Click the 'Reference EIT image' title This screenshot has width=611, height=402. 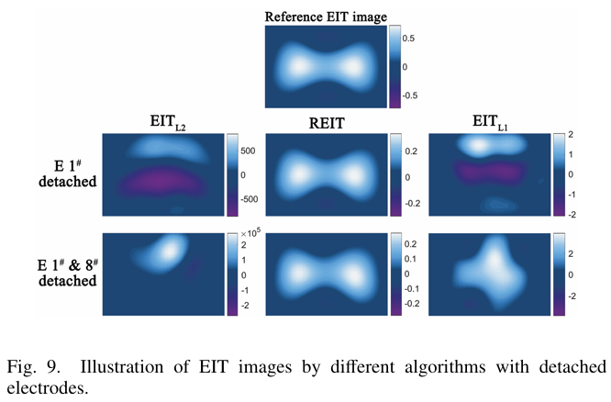click(x=325, y=16)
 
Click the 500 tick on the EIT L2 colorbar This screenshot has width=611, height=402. click(x=253, y=150)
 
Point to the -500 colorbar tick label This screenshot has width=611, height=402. click(x=255, y=197)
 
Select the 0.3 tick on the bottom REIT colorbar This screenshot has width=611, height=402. click(x=414, y=243)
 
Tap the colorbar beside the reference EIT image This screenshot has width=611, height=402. click(x=394, y=67)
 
